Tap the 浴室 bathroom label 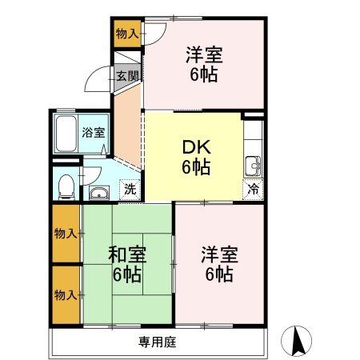(x=94, y=133)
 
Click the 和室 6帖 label (x=127, y=264)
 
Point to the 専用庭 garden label (x=157, y=342)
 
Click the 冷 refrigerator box (x=253, y=191)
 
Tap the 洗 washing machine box (x=129, y=190)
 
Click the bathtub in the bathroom (x=66, y=134)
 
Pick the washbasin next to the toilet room (x=99, y=192)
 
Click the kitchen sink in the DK (x=253, y=165)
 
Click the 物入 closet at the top (x=126, y=33)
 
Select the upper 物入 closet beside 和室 (x=66, y=234)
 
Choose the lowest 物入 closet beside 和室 (x=66, y=294)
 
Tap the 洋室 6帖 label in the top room (x=203, y=64)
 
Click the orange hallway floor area (x=126, y=128)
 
